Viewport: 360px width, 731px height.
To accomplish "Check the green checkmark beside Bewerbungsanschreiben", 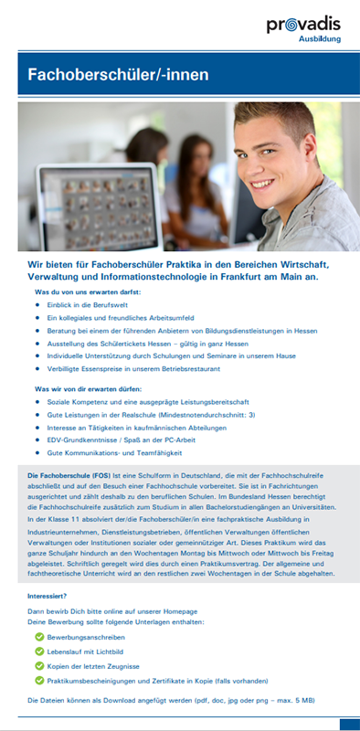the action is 38,636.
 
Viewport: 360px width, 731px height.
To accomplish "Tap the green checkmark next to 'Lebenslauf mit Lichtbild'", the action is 38,651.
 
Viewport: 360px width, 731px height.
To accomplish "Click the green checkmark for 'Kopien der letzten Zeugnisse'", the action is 38,665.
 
